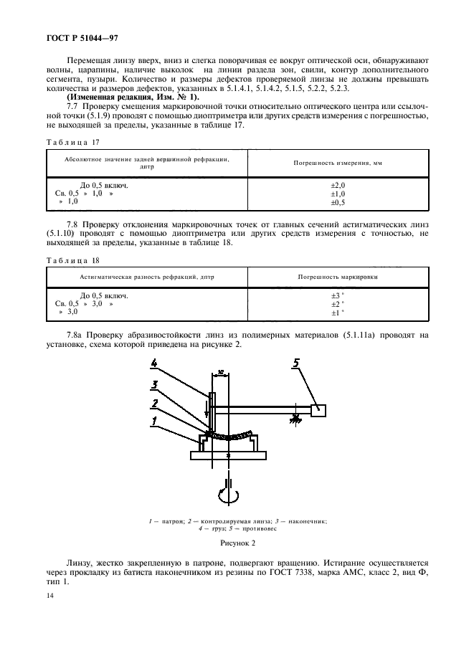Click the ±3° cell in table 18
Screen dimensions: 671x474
(337, 295)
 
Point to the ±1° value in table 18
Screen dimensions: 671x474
(337, 313)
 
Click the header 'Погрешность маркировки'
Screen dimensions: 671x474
(337, 276)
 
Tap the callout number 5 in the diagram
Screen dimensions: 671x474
(295, 363)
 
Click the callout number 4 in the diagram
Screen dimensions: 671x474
(153, 363)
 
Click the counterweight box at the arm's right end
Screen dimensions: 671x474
(318, 410)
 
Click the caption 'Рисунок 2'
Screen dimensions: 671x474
(237, 544)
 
